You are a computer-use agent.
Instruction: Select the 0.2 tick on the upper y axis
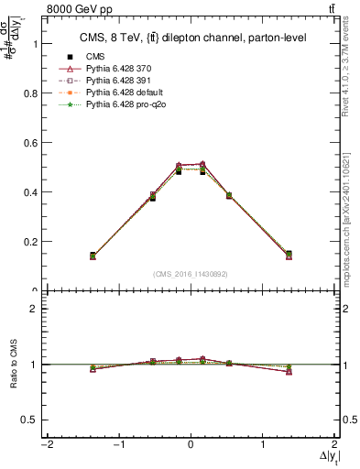[29, 242]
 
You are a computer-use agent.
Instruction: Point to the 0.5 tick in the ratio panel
[29, 419]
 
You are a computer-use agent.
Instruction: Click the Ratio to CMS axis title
[11, 364]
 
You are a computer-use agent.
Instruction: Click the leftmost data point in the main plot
[118, 256]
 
